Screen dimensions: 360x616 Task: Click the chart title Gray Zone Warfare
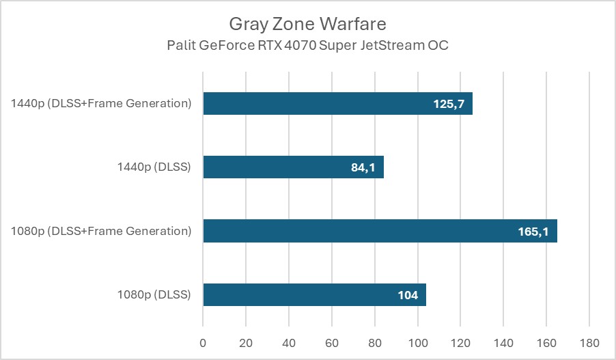point(307,25)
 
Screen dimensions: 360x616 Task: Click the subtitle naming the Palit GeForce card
point(307,46)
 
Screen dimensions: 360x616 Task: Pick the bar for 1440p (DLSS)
point(273,167)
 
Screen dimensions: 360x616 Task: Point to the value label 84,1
point(363,167)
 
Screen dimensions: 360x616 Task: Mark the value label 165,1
point(533,232)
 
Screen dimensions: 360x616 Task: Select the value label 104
point(408,295)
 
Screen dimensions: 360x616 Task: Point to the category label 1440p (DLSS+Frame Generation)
point(100,104)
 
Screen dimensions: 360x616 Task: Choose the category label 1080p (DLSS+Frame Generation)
point(100,231)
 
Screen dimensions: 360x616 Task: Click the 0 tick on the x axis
point(203,342)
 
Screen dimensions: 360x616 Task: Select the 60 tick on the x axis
point(331,342)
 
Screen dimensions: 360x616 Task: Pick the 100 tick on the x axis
point(417,342)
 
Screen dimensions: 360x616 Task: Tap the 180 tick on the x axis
point(589,342)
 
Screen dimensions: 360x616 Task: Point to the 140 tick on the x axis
point(503,342)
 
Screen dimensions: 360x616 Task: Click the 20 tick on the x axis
point(245,342)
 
